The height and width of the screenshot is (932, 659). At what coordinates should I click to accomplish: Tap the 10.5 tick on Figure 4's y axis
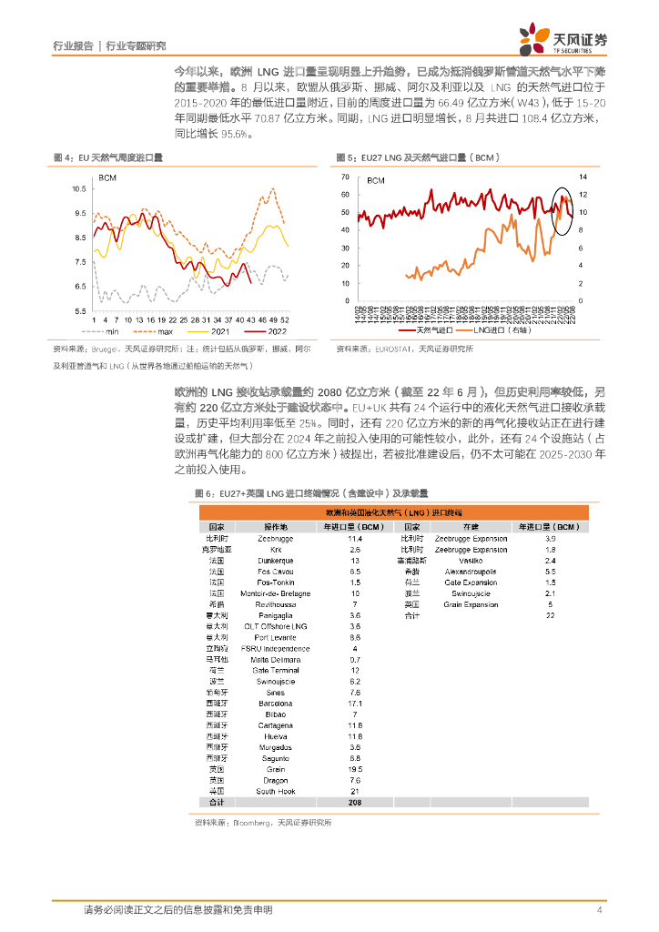click(x=79, y=189)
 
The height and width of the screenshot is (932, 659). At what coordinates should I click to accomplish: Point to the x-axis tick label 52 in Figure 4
click(x=286, y=320)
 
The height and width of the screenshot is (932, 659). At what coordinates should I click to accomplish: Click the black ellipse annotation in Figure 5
click(x=564, y=208)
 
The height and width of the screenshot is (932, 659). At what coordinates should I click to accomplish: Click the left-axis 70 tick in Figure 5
click(x=345, y=177)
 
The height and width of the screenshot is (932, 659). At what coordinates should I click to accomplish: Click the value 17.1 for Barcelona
click(x=355, y=704)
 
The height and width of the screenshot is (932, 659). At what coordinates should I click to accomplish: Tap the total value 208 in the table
click(x=355, y=803)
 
